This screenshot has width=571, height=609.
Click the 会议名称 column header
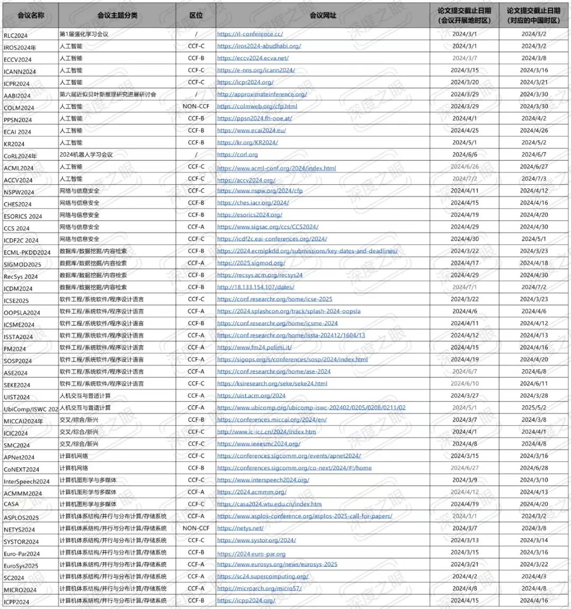(x=31, y=15)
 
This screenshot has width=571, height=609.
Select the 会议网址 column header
(x=323, y=15)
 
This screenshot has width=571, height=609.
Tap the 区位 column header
(x=196, y=15)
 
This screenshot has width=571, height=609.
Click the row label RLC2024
(x=16, y=35)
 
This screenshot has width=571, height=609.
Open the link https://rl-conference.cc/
(x=250, y=34)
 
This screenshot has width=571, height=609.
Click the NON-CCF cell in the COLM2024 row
(x=196, y=106)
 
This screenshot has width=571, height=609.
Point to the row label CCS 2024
(x=17, y=229)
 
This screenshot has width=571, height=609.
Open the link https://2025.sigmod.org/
(x=251, y=263)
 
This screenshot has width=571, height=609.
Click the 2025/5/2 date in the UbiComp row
(x=534, y=408)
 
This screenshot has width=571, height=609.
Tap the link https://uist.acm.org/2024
(x=251, y=396)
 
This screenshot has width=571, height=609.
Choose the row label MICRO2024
(x=20, y=590)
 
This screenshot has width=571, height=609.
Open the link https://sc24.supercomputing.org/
(x=263, y=577)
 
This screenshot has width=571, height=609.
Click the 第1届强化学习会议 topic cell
(x=84, y=34)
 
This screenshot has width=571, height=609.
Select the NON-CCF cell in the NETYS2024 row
(x=196, y=528)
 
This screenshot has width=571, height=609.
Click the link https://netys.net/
(x=240, y=528)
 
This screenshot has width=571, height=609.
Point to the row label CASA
(x=11, y=504)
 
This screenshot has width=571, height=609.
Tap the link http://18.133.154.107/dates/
(x=256, y=287)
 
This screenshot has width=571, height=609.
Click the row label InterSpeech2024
(x=26, y=481)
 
